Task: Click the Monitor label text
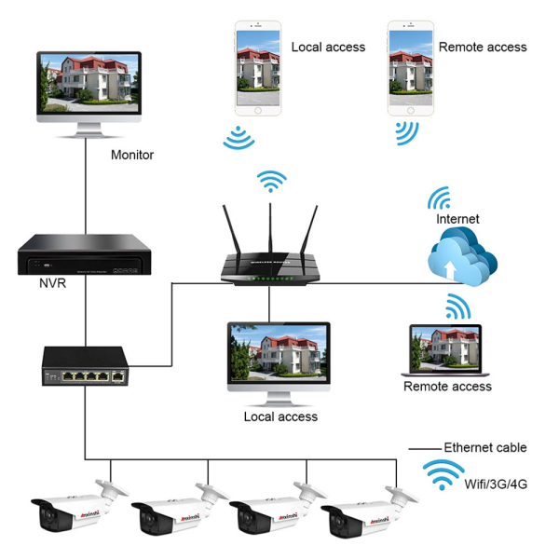131,156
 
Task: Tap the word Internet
458,219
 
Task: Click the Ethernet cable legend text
484,448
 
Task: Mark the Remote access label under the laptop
447,386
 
